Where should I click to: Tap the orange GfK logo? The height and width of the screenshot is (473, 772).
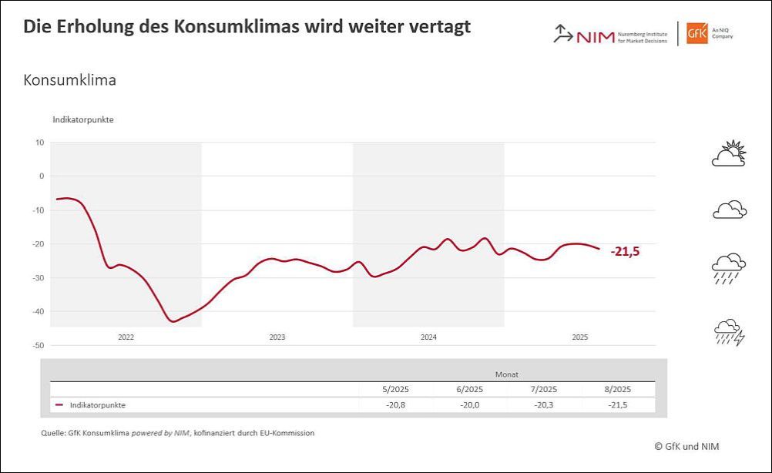click(x=698, y=33)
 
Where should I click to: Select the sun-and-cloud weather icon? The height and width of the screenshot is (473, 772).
click(x=729, y=154)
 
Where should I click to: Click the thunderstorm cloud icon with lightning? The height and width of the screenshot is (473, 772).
click(x=729, y=332)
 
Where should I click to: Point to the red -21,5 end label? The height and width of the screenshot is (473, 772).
click(x=626, y=251)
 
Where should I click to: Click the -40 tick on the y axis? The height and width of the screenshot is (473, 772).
click(x=39, y=311)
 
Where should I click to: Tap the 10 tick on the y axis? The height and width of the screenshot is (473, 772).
click(x=40, y=142)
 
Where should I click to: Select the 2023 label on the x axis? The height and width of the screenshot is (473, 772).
click(x=277, y=337)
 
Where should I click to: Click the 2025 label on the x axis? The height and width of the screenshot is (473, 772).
click(x=580, y=337)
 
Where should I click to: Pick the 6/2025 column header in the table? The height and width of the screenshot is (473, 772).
click(x=469, y=389)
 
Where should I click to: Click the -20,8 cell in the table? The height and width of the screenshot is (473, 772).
click(x=394, y=404)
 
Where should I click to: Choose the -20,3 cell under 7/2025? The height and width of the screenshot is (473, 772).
click(x=544, y=404)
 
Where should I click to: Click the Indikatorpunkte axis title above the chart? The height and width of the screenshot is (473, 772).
click(x=83, y=119)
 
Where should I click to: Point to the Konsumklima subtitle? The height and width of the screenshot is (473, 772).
click(x=70, y=80)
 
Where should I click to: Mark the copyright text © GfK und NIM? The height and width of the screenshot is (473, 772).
click(x=687, y=445)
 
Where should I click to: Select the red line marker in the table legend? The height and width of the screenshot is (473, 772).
click(x=59, y=404)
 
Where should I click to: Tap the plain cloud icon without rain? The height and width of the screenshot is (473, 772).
click(x=729, y=209)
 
